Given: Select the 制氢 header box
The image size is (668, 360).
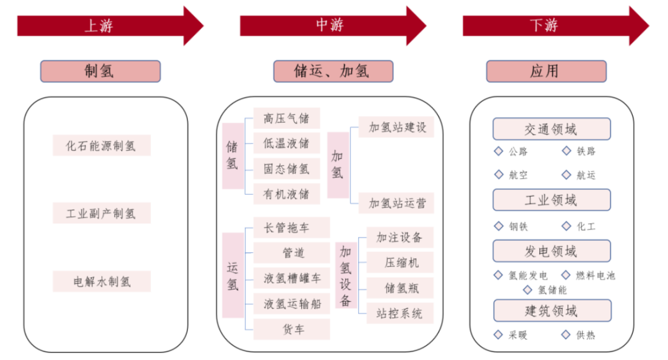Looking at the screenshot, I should [x=100, y=71].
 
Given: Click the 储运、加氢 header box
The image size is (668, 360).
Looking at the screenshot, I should [x=333, y=71].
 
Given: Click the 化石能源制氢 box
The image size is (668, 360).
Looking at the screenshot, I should [x=101, y=146].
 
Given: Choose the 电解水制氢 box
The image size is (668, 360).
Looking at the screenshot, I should [x=101, y=282].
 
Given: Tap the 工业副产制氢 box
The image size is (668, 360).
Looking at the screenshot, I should [x=101, y=214].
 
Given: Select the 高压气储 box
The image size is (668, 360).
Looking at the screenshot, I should [x=286, y=118].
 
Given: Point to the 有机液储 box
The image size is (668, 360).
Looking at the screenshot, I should [x=286, y=194].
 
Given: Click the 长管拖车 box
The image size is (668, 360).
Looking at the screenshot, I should [x=291, y=228].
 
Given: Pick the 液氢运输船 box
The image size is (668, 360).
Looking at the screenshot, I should [x=291, y=304].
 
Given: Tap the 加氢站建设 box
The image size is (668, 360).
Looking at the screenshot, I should [x=396, y=127].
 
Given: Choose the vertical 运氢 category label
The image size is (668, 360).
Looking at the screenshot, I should [x=233, y=275].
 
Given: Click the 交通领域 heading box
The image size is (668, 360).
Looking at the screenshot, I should [x=551, y=129].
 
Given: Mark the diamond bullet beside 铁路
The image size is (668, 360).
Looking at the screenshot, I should [x=566, y=151].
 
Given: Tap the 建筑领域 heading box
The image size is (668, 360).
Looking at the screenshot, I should [x=551, y=311].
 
